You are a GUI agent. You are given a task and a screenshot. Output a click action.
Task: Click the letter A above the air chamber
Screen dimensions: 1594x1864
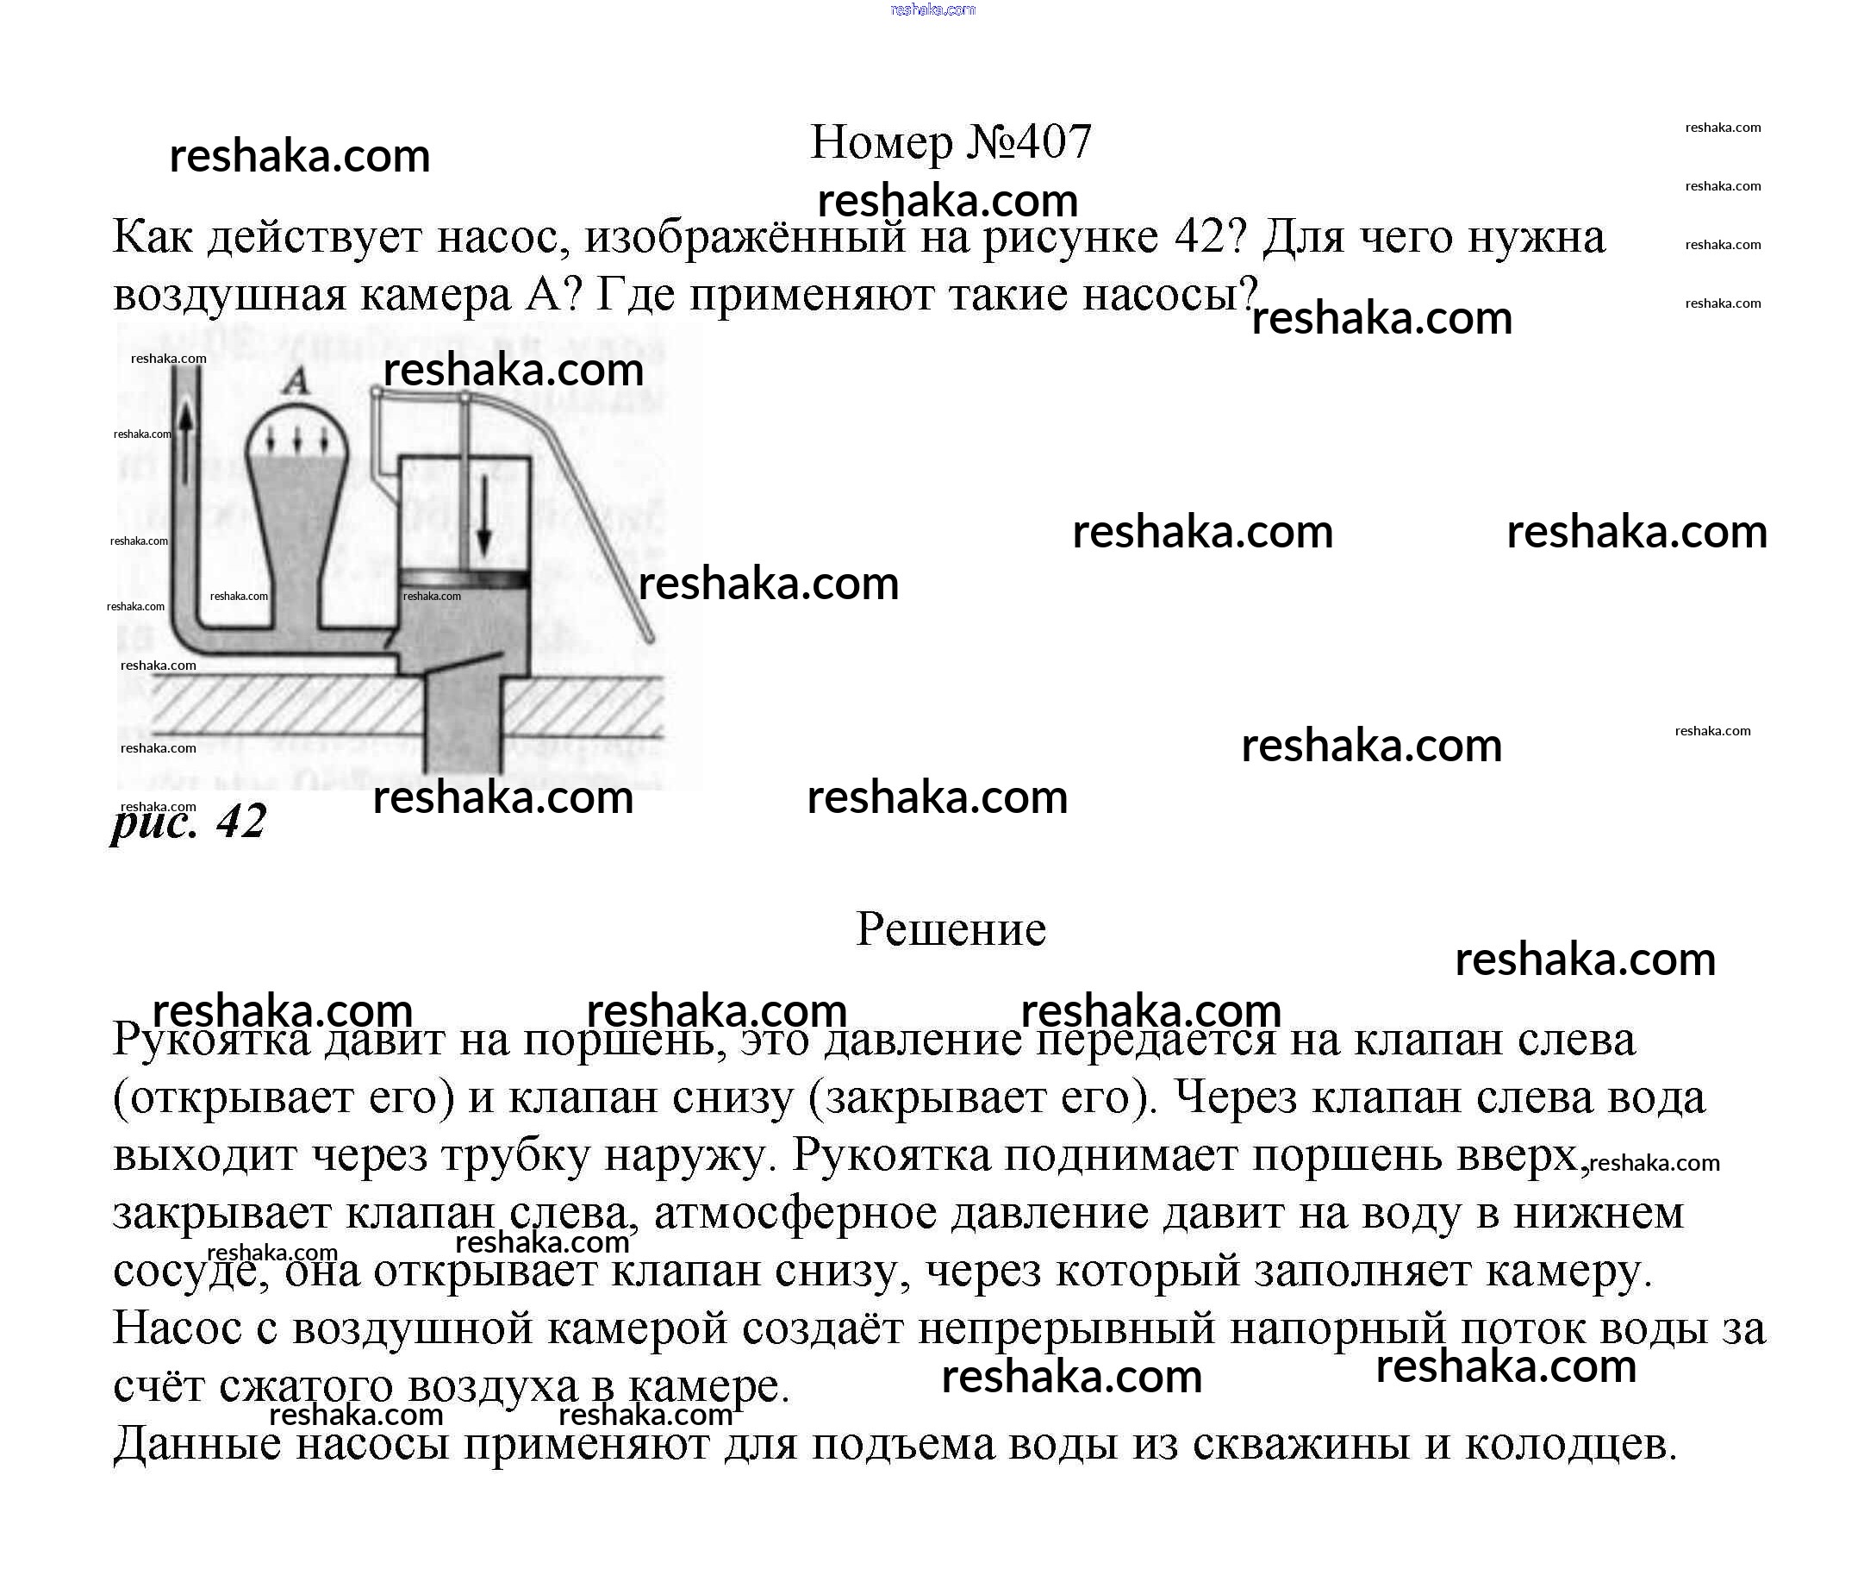pyautogui.click(x=295, y=382)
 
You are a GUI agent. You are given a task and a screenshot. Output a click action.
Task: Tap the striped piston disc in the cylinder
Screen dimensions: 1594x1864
pyautogui.click(x=465, y=577)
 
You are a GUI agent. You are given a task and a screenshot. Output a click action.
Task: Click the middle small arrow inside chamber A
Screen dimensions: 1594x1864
pyautogui.click(x=296, y=439)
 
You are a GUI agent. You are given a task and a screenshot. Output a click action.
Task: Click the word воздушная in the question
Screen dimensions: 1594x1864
pyautogui.click(x=229, y=293)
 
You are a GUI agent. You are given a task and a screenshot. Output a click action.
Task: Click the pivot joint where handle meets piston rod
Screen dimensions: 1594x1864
pyautogui.click(x=464, y=397)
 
